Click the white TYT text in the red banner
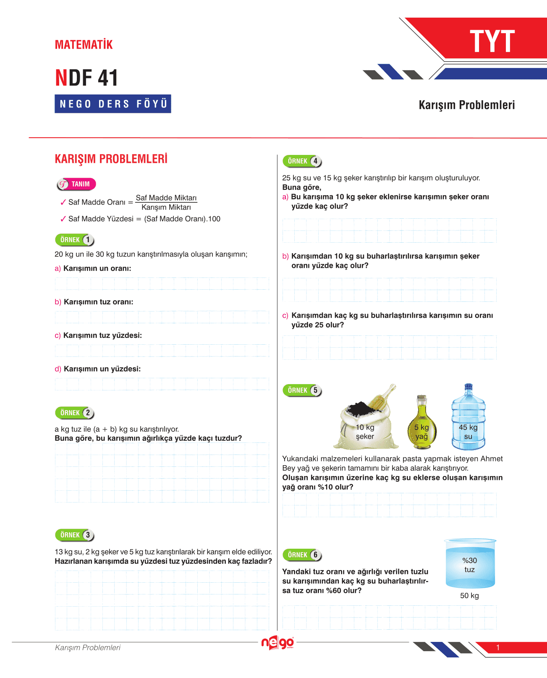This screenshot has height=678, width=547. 492,41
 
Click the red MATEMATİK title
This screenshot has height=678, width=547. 84,45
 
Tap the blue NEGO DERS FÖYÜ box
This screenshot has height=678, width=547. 113,104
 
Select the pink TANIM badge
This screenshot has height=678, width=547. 76,184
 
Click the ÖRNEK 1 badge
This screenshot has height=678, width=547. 75,240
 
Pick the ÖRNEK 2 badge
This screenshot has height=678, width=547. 75,413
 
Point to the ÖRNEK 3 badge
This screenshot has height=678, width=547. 75,535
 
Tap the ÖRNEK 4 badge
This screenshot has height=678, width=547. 302,161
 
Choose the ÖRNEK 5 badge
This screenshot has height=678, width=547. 302,390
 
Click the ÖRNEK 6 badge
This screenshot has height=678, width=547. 302,555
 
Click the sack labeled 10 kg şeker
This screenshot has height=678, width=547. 366,419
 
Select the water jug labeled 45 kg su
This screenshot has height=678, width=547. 468,417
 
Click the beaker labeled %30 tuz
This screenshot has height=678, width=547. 470,563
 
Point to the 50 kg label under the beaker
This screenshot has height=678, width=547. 469,596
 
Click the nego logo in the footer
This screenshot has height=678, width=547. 277,643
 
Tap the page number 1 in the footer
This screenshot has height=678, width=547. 498,648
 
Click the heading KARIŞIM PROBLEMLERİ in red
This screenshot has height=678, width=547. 111,159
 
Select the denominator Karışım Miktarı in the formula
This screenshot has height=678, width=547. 166,207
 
